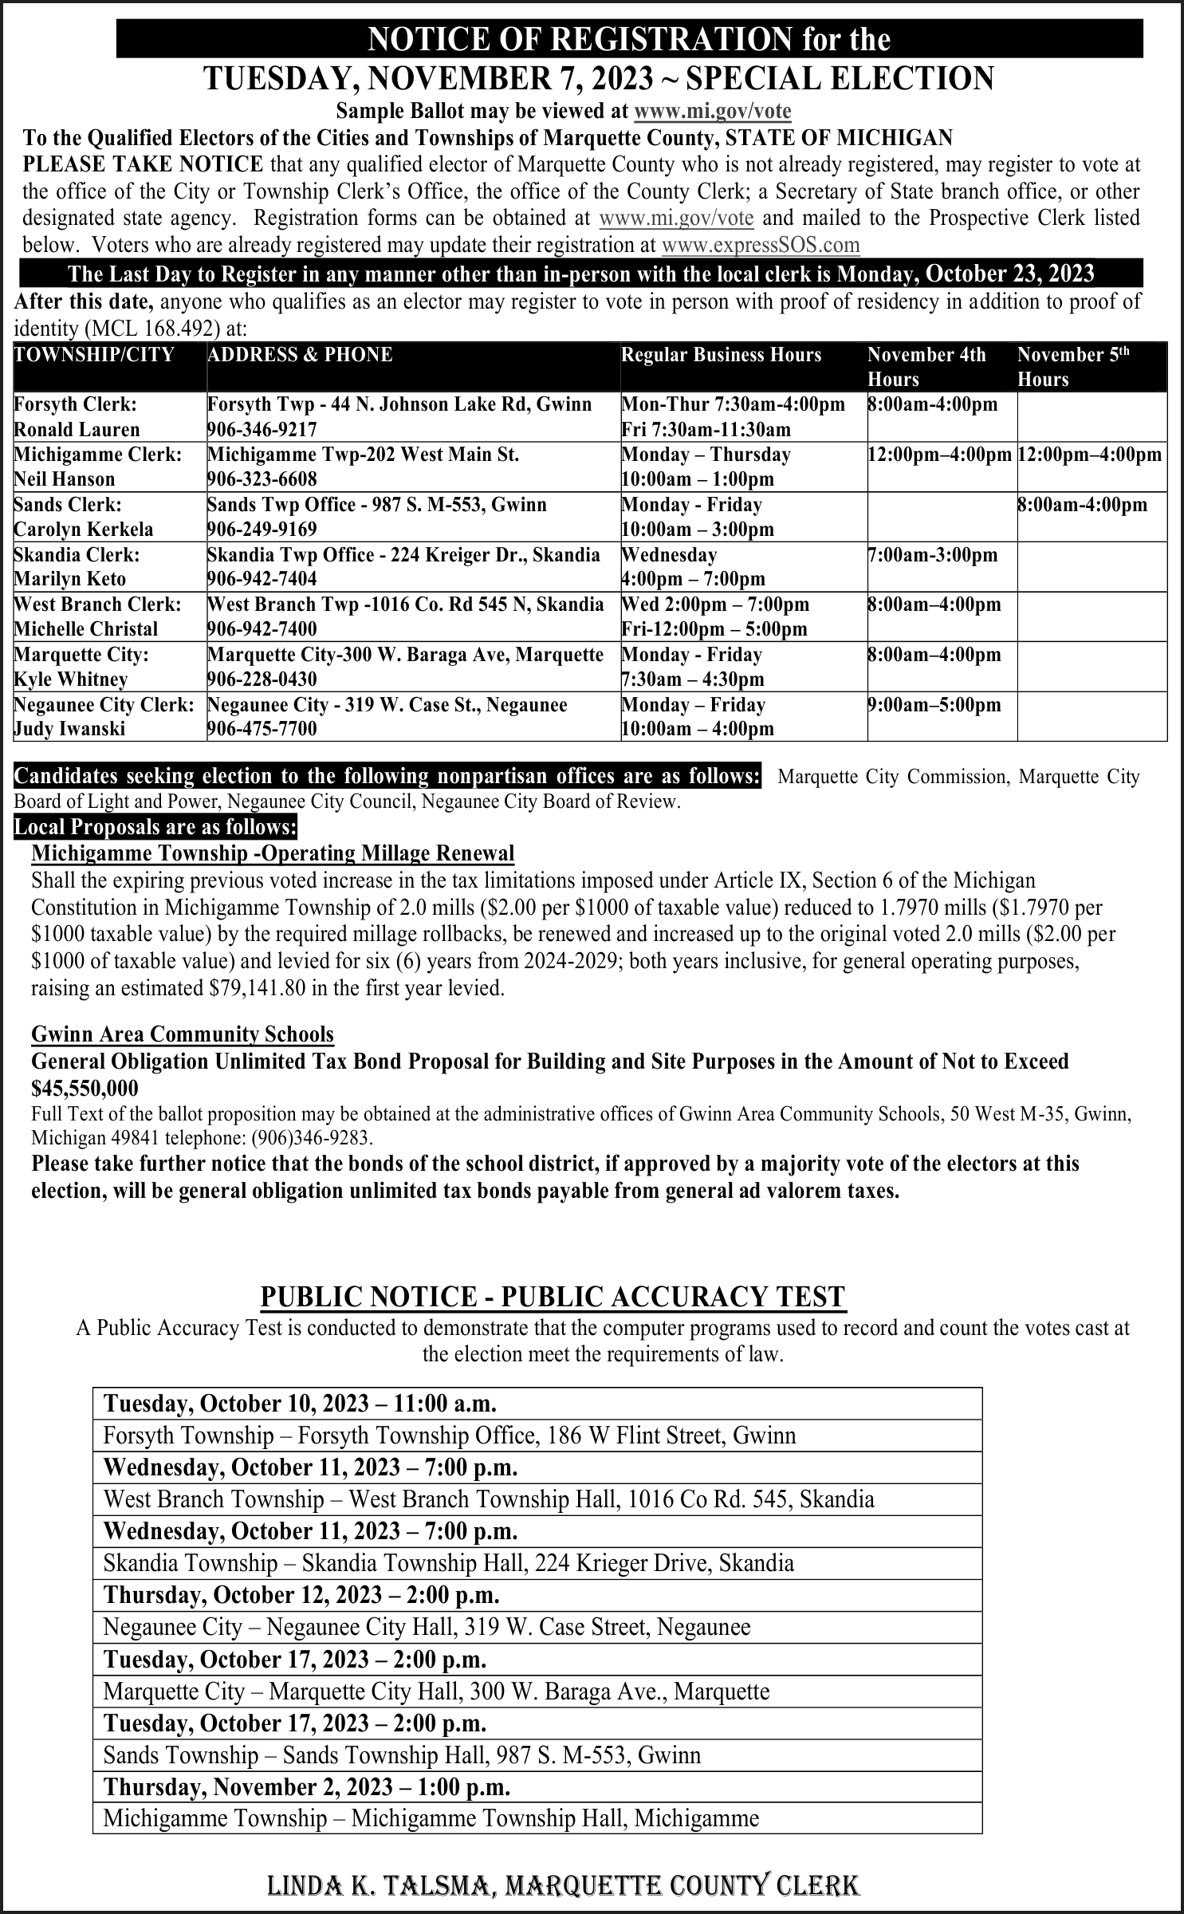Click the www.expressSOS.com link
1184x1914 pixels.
pyautogui.click(x=761, y=245)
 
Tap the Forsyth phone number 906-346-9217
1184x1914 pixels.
pyautogui.click(x=262, y=430)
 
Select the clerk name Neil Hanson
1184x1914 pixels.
pyautogui.click(x=65, y=479)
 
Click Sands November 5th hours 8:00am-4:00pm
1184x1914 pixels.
pyautogui.click(x=1083, y=505)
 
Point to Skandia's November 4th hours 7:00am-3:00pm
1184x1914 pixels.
pyautogui.click(x=932, y=555)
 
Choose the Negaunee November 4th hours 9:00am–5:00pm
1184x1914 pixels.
pyautogui.click(x=934, y=705)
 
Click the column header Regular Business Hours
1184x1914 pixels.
pyautogui.click(x=721, y=355)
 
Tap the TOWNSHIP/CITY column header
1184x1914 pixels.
pyautogui.click(x=94, y=355)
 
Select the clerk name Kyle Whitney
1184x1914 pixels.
pyautogui.click(x=71, y=679)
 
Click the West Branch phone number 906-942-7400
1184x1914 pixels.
pyautogui.click(x=262, y=629)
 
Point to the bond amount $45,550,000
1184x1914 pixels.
pyautogui.click(x=85, y=1089)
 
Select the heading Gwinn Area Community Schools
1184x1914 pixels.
pyautogui.click(x=183, y=1034)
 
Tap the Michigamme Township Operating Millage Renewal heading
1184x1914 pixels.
pyautogui.click(x=273, y=853)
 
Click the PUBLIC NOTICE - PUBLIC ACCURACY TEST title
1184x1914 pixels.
pyautogui.click(x=553, y=1296)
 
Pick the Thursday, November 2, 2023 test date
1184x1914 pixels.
pyautogui.click(x=307, y=1786)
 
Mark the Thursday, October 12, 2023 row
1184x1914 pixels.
pyautogui.click(x=301, y=1594)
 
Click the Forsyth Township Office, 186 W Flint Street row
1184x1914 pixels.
pyautogui.click(x=450, y=1435)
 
